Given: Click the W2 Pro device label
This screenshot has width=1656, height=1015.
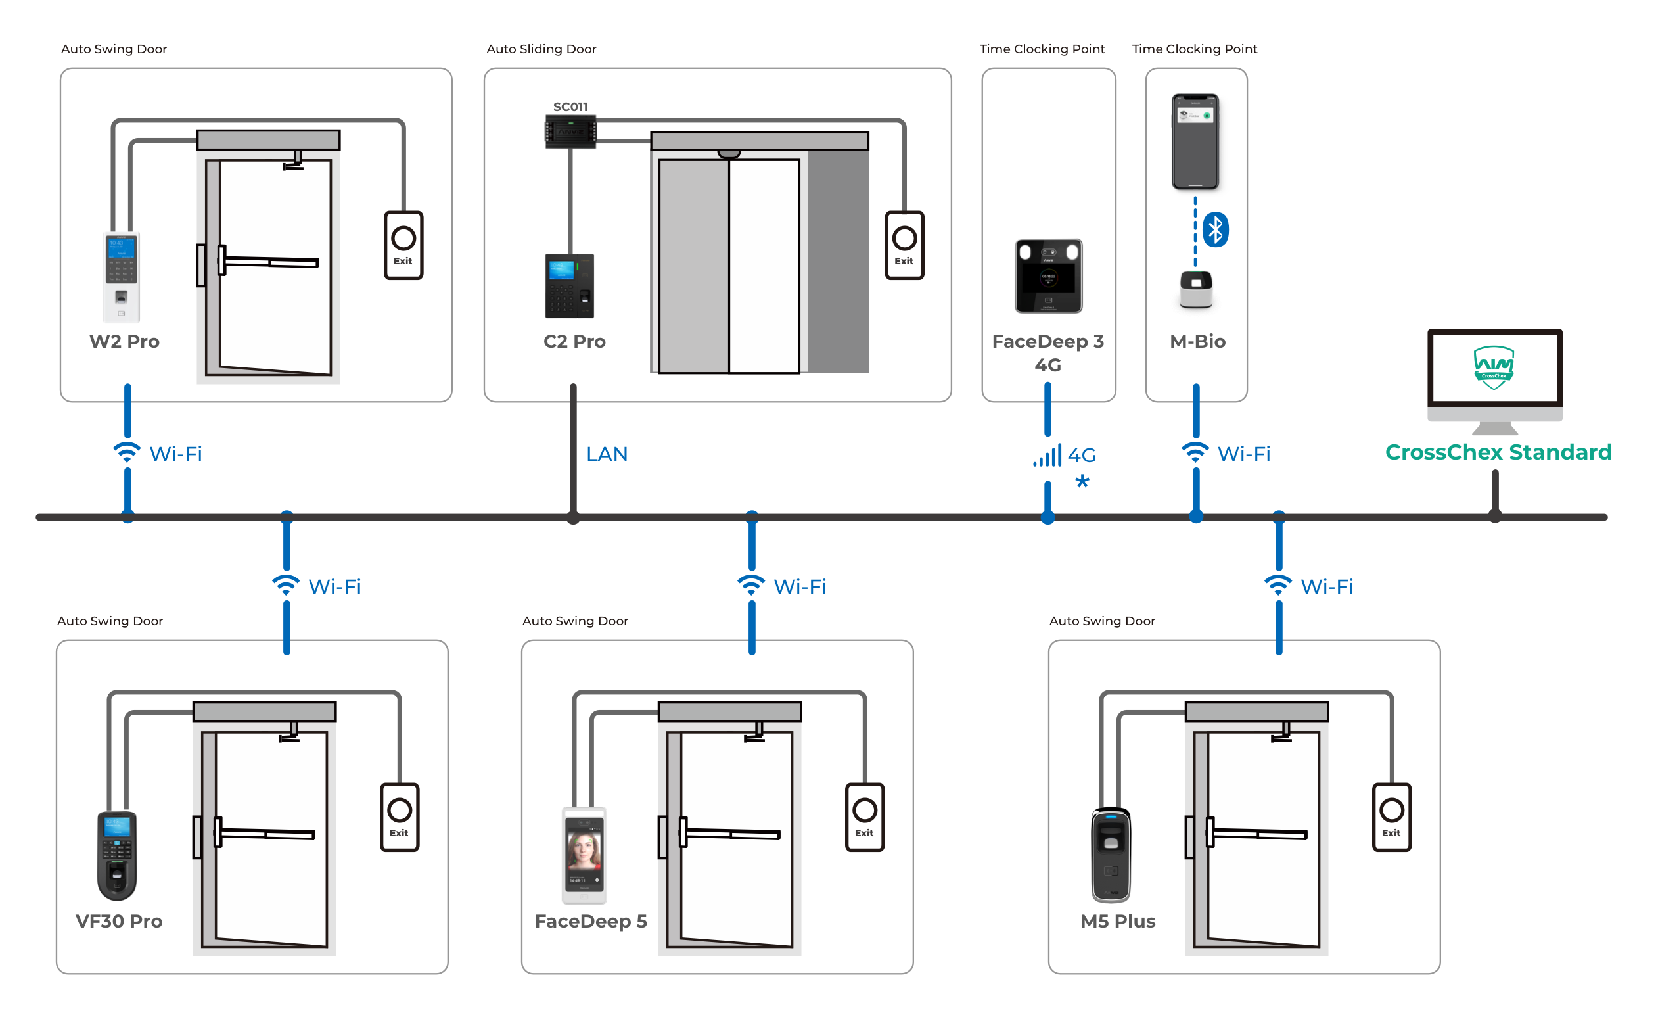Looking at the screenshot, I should [124, 341].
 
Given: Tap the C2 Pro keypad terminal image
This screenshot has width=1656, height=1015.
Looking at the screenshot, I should [569, 286].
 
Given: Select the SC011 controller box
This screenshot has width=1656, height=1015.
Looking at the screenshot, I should [570, 131].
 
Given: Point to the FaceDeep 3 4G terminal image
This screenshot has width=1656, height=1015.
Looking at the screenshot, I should [1047, 275].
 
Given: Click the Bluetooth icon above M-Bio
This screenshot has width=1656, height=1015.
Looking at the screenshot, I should [1215, 230].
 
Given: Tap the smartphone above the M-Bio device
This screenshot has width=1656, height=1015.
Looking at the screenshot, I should [1195, 141].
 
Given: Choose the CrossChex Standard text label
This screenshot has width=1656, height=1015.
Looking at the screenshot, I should [1498, 452].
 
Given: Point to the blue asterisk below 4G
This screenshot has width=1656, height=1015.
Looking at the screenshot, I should [1082, 481].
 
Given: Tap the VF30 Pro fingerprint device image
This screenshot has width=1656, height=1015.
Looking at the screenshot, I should [117, 855].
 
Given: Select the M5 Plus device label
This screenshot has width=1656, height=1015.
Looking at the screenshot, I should [1118, 922].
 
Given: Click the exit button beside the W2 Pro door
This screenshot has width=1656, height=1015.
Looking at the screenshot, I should [403, 245].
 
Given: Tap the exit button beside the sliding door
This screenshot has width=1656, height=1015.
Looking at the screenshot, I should [904, 245].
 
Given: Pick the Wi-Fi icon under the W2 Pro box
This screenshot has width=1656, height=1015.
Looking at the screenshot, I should [126, 452].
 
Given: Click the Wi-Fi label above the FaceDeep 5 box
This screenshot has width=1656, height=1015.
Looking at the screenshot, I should [800, 587].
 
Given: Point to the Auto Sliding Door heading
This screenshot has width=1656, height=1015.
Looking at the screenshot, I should [541, 49].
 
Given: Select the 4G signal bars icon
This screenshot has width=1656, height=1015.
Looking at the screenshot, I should [1047, 456].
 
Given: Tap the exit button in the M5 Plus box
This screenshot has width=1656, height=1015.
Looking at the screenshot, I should [1391, 817].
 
